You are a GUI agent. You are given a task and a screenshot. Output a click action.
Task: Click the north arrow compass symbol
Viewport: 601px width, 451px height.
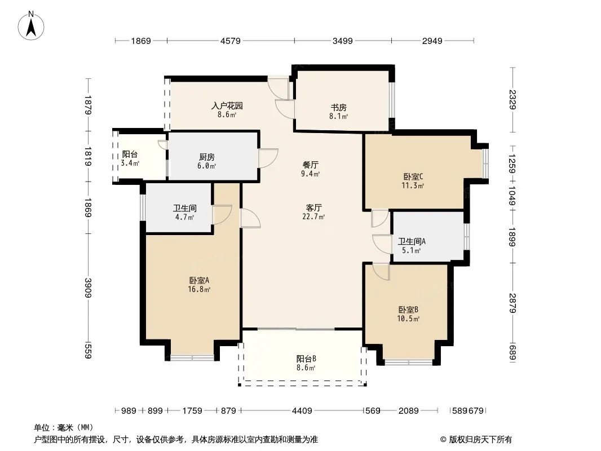[x=31, y=26]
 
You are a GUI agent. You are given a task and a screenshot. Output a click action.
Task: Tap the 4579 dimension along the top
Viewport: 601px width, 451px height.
[x=231, y=41]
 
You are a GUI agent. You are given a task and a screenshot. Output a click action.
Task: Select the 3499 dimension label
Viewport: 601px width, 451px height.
[x=342, y=41]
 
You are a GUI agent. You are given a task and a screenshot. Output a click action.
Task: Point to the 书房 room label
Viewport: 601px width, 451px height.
[x=338, y=107]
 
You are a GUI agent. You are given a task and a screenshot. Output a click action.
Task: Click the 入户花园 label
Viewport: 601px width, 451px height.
[x=227, y=105]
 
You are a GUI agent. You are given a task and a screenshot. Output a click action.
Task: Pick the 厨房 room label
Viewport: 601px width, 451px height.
[x=206, y=157]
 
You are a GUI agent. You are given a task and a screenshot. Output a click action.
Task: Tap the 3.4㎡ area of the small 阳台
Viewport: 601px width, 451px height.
[x=130, y=163]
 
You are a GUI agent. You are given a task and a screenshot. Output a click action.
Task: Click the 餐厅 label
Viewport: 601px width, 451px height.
[x=311, y=165]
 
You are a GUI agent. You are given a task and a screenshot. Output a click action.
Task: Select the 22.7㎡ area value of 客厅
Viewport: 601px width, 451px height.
[x=313, y=216]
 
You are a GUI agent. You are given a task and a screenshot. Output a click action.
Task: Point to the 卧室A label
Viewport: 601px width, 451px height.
[x=199, y=281]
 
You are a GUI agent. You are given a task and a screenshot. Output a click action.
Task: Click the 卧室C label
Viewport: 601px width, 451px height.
[x=413, y=176]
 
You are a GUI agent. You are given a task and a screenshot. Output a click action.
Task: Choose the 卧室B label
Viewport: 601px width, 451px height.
[x=408, y=309]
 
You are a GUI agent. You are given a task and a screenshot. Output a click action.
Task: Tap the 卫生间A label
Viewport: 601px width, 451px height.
[x=412, y=241]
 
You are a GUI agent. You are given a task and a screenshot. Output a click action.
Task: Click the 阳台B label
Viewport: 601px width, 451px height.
[x=306, y=359]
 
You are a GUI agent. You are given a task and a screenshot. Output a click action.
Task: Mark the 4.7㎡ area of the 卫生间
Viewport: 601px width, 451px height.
[x=185, y=217]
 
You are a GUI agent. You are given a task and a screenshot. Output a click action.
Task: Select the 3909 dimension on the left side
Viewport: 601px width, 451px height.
[x=88, y=288]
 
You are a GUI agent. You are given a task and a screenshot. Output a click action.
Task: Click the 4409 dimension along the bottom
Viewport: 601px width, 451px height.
[x=302, y=411]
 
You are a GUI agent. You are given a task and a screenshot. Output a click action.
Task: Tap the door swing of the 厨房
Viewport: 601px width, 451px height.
[x=268, y=158]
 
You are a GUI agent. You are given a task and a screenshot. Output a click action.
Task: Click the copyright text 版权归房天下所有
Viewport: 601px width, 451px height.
[x=480, y=440]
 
